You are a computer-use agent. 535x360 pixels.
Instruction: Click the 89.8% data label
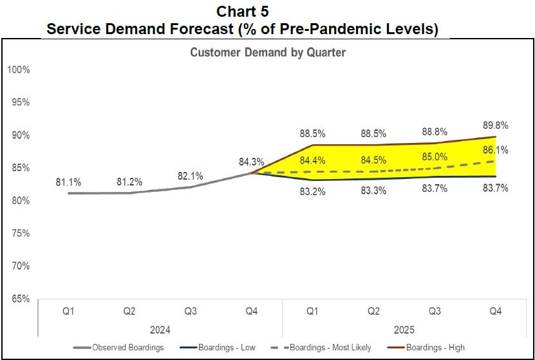tap(496, 126)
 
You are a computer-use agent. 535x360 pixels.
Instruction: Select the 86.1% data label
tap(496, 150)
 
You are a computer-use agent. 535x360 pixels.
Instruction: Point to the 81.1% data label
tap(69, 182)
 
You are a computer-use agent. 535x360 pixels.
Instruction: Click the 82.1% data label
tap(191, 176)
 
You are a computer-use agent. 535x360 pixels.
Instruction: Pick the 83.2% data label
tap(313, 191)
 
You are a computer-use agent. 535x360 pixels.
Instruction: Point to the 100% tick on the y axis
tap(19, 70)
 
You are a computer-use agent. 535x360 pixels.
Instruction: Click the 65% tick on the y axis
tap(20, 299)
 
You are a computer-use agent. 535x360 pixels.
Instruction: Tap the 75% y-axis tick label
tap(20, 233)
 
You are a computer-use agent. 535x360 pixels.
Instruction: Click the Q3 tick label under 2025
tap(435, 312)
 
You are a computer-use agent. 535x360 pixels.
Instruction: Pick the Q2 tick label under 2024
tap(129, 312)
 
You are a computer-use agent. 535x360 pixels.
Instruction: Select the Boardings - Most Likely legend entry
tap(330, 348)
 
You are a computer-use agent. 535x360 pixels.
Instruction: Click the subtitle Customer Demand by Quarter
tap(268, 53)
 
